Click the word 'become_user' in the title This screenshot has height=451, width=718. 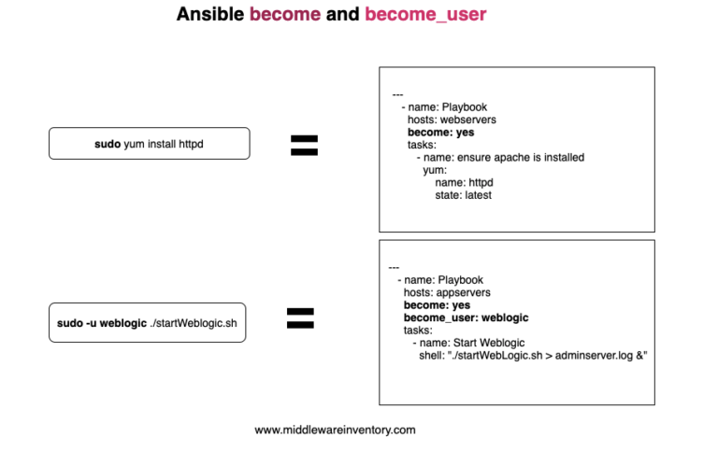coord(425,15)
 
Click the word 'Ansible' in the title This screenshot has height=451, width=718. coord(210,15)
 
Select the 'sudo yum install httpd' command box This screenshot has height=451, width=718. coord(149,144)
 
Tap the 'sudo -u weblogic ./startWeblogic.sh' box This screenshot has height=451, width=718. coord(147,322)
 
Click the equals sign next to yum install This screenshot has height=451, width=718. coord(304,145)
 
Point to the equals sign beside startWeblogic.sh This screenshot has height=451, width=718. coord(299,319)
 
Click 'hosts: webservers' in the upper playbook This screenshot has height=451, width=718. coord(452,120)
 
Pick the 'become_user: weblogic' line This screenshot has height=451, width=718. coord(466,317)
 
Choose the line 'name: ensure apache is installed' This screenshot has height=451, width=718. coord(500,158)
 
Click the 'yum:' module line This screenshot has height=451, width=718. coord(434,170)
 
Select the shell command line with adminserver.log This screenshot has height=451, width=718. coord(533,356)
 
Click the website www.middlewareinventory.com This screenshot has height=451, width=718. coord(335,430)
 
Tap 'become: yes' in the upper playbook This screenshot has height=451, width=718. coord(440,133)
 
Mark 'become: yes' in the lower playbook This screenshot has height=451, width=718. coord(437,304)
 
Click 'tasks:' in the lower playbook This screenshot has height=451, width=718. coord(418,330)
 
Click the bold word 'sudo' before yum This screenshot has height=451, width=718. coord(108,144)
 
